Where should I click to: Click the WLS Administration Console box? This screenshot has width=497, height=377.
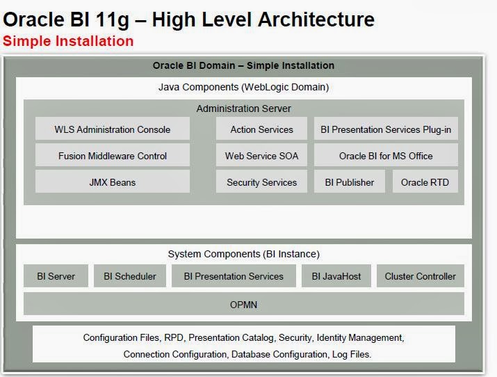coord(113,129)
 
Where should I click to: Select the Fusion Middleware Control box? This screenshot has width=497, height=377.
coord(113,156)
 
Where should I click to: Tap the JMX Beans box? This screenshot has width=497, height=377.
coord(113,182)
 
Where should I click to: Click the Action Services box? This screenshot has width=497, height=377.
coord(261,129)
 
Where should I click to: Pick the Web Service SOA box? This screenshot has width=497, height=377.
coord(261,156)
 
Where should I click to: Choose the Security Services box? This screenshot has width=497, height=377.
coord(261,182)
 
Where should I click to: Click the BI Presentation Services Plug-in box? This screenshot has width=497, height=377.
coord(386,129)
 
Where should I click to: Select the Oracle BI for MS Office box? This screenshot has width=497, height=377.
coord(386,156)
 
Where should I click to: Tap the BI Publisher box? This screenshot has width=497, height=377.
coord(350,182)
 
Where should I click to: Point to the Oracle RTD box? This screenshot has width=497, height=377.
coord(425,182)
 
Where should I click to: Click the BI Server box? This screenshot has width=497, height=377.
coord(56,276)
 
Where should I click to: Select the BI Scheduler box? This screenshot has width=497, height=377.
coord(130,276)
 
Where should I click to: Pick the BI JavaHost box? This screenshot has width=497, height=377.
coord(336,276)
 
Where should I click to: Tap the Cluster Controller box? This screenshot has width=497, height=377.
coord(420,276)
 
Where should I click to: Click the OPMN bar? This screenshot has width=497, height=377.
coord(244,305)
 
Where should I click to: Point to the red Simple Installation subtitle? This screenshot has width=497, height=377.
coord(68,41)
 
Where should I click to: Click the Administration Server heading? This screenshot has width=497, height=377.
coord(244,109)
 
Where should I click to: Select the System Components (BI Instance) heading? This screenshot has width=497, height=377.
coord(244,255)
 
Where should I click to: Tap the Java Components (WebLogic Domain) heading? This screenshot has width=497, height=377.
coord(244,88)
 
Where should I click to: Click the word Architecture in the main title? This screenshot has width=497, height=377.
coord(316,19)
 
